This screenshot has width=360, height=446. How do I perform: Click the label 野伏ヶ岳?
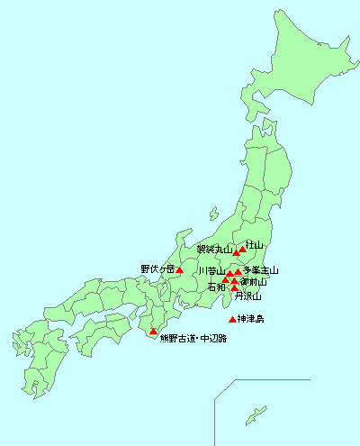tap(157, 269)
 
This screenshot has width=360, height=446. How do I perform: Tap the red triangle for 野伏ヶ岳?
tap(180, 269)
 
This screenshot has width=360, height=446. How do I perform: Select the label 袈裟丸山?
tap(214, 250)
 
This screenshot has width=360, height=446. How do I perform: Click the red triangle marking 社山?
tap(242, 250)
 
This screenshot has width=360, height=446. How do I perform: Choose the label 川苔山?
tap(211, 271)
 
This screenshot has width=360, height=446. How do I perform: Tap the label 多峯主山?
tap(261, 270)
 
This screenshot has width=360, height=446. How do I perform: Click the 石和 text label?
tap(216, 287)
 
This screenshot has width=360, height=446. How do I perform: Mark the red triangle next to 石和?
tap(226, 280)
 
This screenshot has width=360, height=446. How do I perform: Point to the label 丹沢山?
tap(247, 296)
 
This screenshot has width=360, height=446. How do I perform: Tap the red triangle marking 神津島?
tap(233, 320)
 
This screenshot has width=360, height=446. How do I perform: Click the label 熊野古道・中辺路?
tap(193, 339)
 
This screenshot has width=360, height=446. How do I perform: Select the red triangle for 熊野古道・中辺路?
tap(153, 332)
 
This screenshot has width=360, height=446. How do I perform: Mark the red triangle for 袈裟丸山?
tap(237, 253)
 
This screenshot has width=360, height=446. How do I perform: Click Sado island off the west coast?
tap(212, 215)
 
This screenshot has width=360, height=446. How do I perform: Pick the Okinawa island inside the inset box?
tap(257, 414)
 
